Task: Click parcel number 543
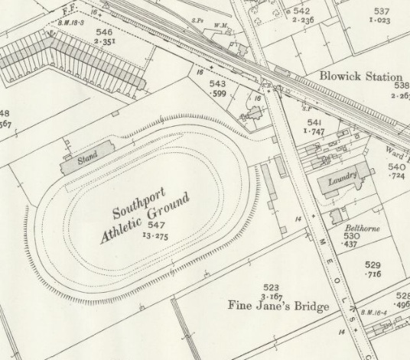coord(218,82)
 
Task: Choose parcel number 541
coord(314,122)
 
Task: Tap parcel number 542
coord(301,11)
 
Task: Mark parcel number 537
coord(381,11)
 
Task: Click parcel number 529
coord(373,264)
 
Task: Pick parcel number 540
coord(396,167)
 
